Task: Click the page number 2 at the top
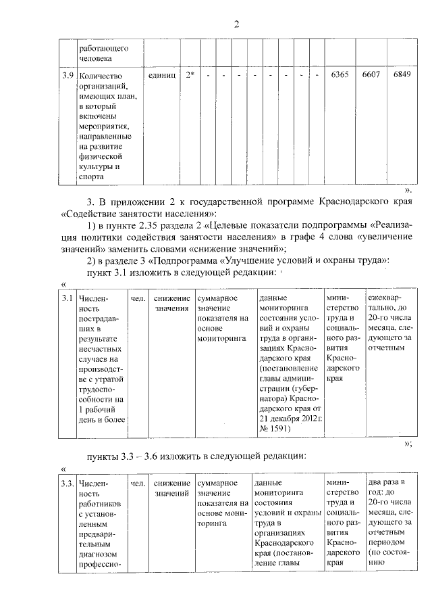click(x=236, y=25)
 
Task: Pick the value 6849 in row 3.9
click(x=402, y=75)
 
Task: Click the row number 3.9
click(x=66, y=75)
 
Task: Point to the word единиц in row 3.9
click(x=161, y=75)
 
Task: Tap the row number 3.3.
click(x=67, y=483)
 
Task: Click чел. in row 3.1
click(x=138, y=298)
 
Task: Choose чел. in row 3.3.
click(x=138, y=483)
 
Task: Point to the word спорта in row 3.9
click(x=90, y=177)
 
